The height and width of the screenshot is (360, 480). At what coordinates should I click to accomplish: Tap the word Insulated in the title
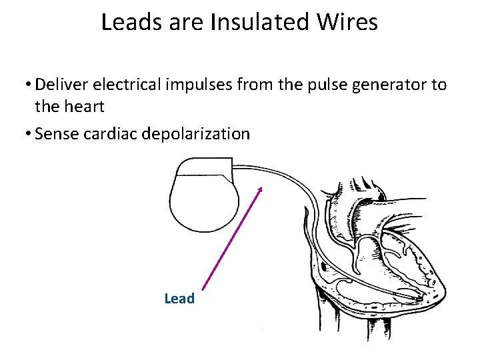coord(260,23)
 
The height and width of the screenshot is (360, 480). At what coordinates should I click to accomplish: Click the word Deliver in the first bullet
coord(57,85)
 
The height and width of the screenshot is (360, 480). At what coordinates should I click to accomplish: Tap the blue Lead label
coord(179,299)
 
